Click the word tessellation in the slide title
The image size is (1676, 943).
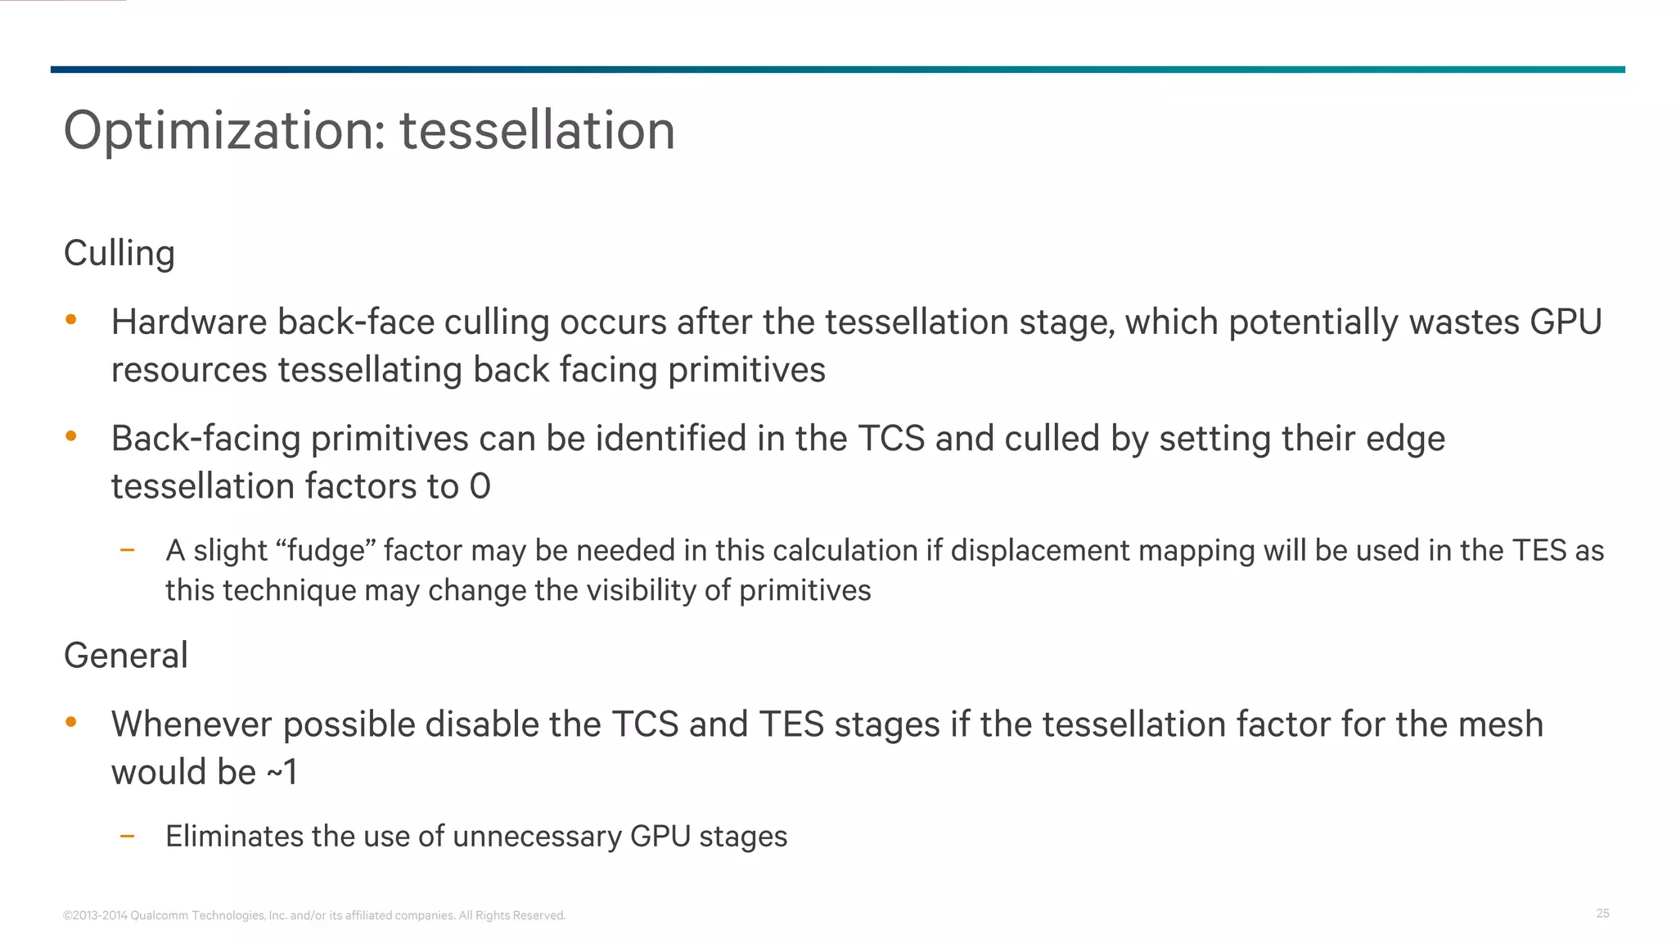coord(537,131)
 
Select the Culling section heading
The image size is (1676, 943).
coord(119,254)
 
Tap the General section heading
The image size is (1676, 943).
coord(126,656)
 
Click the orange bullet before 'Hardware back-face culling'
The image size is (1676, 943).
coord(71,320)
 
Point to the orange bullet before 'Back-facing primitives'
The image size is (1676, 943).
coord(71,436)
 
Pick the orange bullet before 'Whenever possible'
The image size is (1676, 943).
coord(71,722)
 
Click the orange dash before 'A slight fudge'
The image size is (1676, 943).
coord(127,550)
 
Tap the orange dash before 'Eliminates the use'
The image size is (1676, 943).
coord(127,836)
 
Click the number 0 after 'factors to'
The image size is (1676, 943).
coord(480,487)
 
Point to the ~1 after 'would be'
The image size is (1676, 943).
coord(282,772)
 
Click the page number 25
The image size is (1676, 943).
coord(1602,914)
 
